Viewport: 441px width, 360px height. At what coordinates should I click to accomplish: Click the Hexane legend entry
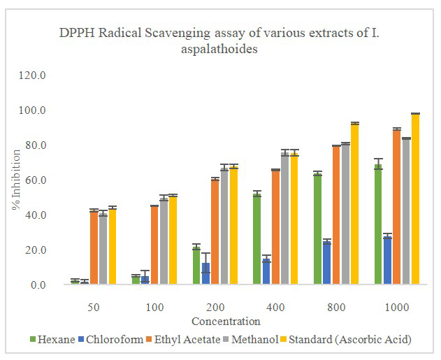tap(53, 340)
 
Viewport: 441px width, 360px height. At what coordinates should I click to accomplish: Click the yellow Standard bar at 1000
tap(415, 199)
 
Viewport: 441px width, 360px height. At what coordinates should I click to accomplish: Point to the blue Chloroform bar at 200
tap(205, 273)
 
